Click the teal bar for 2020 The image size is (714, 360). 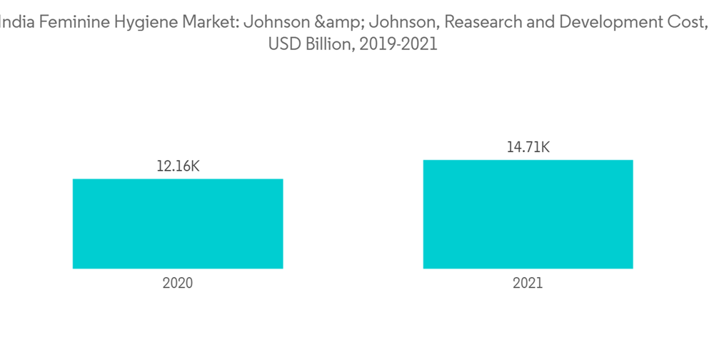point(178,224)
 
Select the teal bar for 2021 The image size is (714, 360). point(528,214)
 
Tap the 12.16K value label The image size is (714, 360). point(178,166)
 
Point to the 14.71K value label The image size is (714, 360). point(528,148)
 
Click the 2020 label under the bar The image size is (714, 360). point(178,283)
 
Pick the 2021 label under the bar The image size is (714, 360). point(528,283)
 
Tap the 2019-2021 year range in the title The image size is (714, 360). point(399,44)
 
